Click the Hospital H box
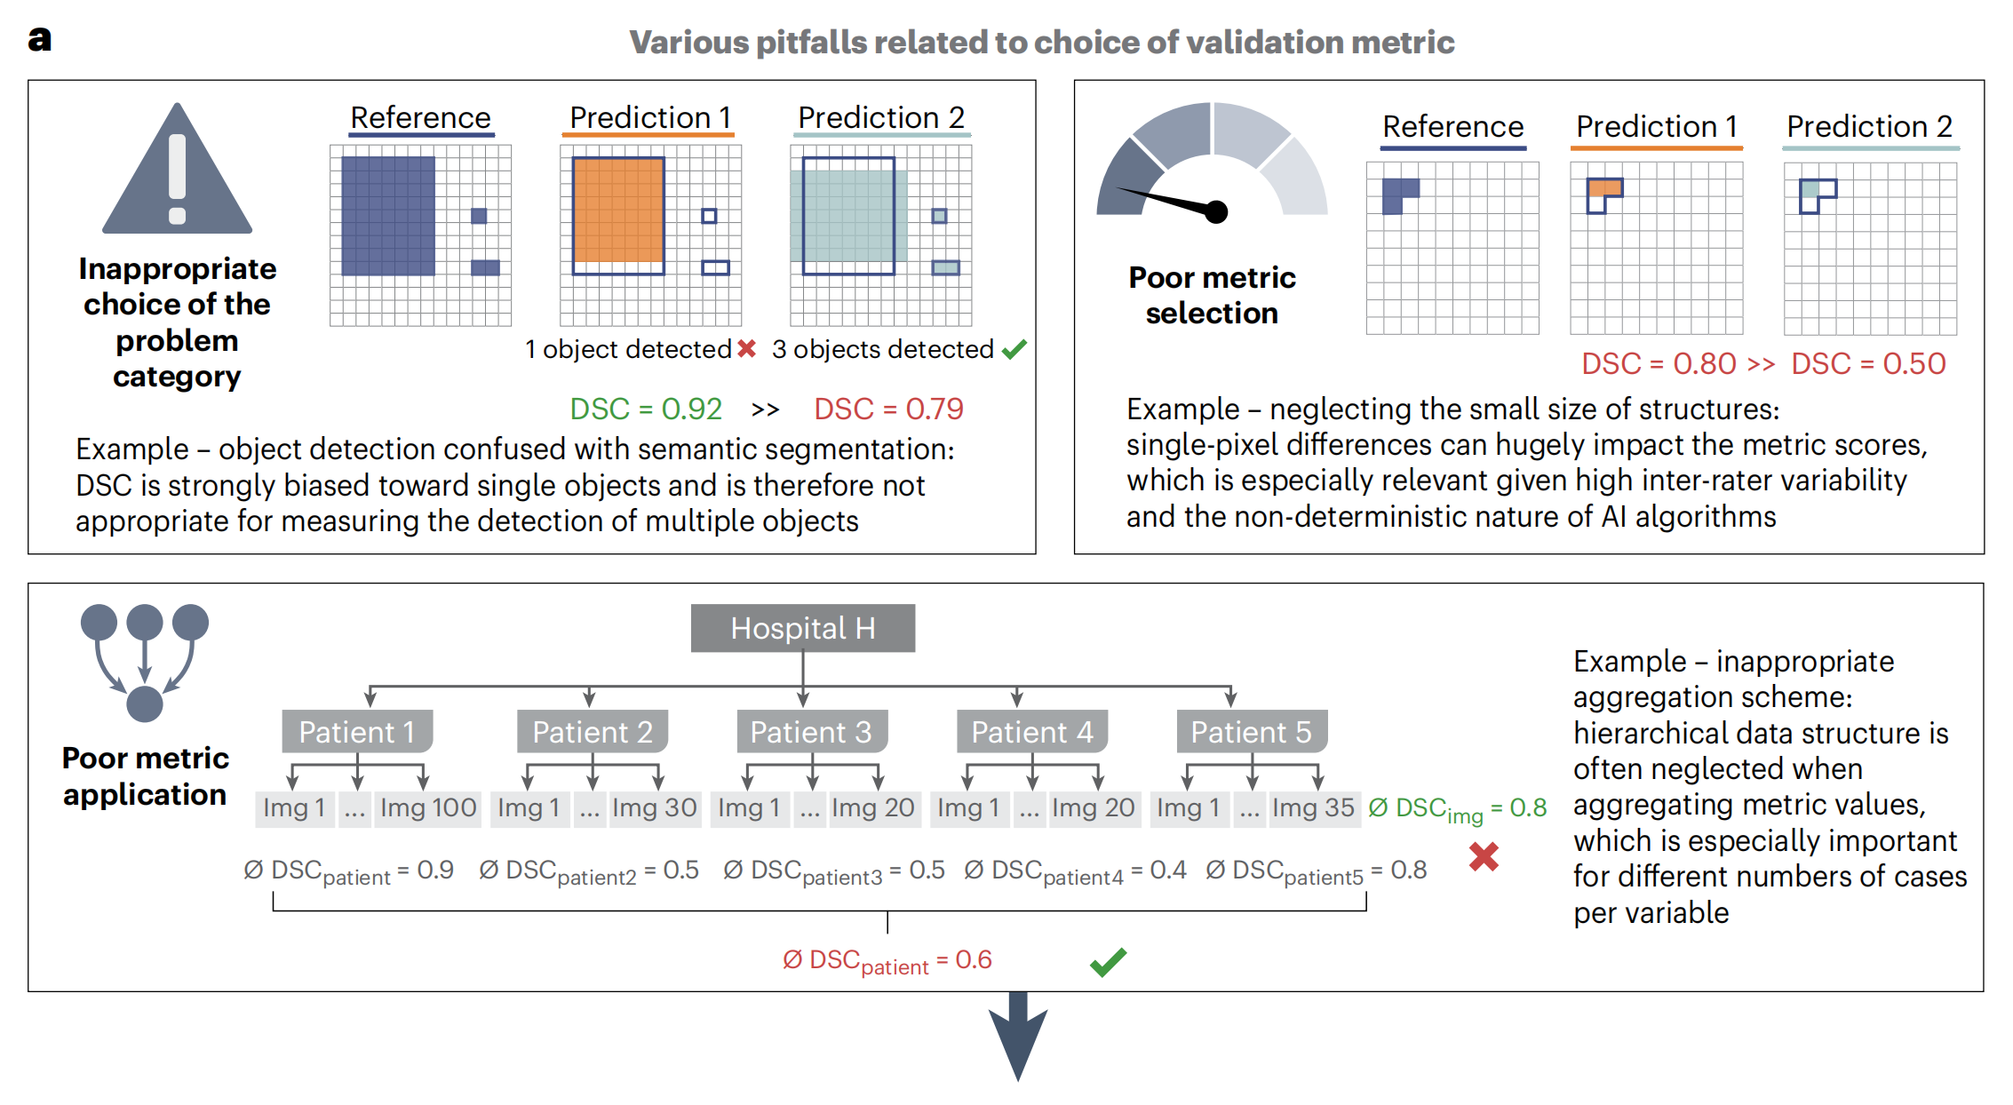point(802,628)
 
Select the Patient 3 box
point(810,732)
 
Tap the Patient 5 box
point(1251,732)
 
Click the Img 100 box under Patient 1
point(427,807)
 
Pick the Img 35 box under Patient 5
point(1313,807)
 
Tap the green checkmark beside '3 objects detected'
point(1014,349)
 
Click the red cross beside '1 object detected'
point(746,348)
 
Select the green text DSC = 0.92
point(646,409)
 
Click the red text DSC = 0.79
point(888,409)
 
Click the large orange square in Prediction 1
point(618,210)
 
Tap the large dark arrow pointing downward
point(1018,1035)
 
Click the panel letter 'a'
point(40,39)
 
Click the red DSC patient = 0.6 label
point(887,961)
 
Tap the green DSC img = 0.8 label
point(1458,809)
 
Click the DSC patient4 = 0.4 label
point(1075,871)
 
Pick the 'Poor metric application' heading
point(145,775)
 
